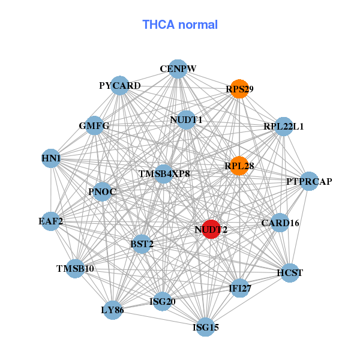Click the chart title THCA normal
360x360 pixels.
point(180,25)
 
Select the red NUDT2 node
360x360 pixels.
point(211,229)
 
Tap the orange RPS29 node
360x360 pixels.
point(239,89)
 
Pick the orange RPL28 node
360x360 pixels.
point(239,166)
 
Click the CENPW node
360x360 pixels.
point(178,69)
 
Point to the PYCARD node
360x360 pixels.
point(120,86)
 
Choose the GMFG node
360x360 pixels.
point(95,126)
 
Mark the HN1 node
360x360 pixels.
point(52,158)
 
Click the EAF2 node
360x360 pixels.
point(52,221)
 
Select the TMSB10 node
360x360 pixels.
point(75,268)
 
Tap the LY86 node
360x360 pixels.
point(113,310)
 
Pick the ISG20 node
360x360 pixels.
point(162,301)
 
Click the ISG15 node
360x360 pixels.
point(206,327)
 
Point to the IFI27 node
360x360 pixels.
point(239,289)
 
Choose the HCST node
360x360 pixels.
point(290,273)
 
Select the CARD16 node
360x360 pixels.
point(280,223)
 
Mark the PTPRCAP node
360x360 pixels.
point(308,181)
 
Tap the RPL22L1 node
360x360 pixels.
point(283,127)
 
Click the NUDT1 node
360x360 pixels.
point(187,120)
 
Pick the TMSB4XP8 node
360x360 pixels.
point(164,174)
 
